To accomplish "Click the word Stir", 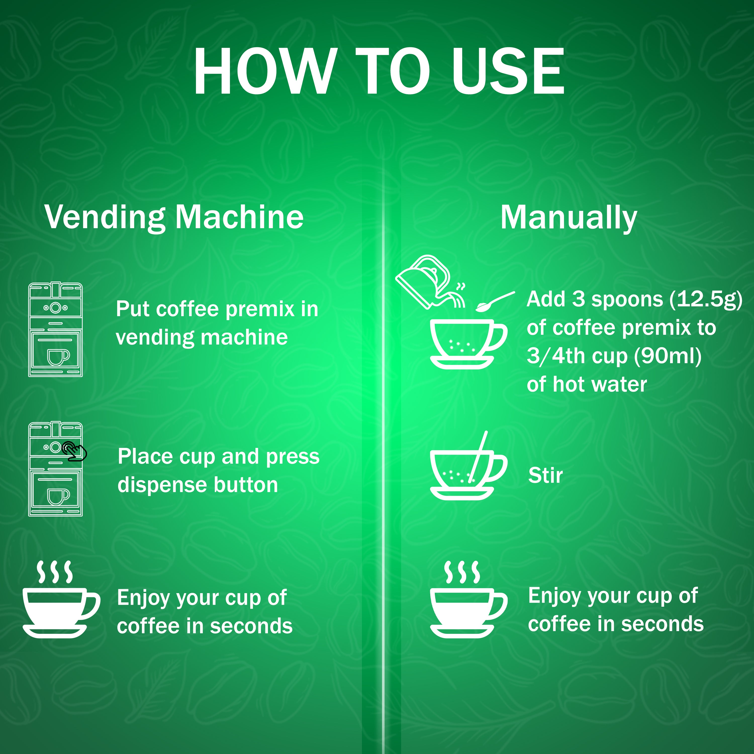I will tap(545, 475).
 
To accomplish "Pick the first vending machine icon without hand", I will tap(55, 329).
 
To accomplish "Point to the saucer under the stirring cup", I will tap(462, 493).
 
